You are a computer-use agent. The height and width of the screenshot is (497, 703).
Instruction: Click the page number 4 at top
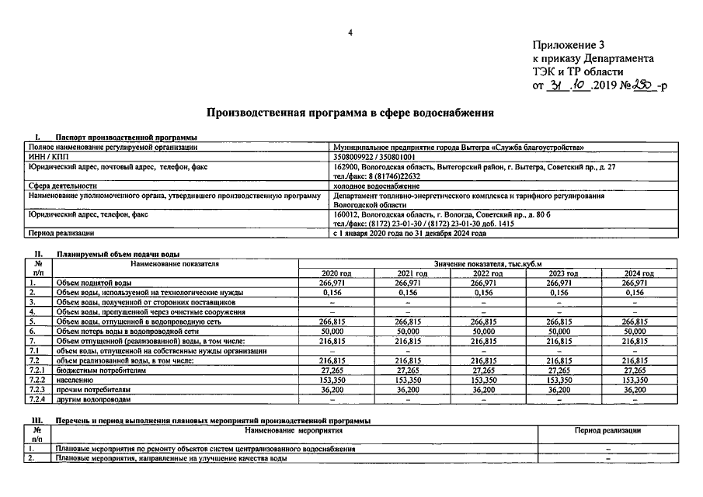(x=350, y=32)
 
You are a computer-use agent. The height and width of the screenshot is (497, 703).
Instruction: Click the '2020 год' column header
(x=336, y=273)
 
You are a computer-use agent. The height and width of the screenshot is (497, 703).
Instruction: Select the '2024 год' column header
(x=639, y=273)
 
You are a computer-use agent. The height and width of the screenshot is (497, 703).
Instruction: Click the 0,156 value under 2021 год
(x=412, y=293)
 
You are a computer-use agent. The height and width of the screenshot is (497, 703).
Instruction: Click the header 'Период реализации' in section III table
(x=607, y=430)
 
